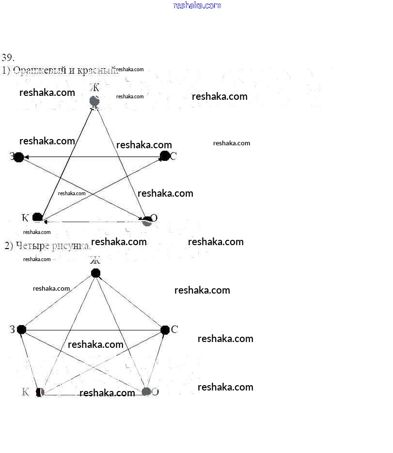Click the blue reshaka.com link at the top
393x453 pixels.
[x=197, y=5]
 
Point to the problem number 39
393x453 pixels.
[x=8, y=57]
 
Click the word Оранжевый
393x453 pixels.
[x=40, y=70]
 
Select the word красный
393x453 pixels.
[x=96, y=70]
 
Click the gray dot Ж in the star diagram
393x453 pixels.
[x=95, y=101]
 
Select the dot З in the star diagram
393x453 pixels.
[x=19, y=157]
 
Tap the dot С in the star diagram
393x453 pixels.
[x=165, y=156]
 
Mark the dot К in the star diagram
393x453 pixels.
[x=37, y=218]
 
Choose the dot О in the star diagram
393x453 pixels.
[x=147, y=221]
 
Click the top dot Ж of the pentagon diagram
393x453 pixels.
[x=96, y=273]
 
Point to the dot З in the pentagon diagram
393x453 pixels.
[x=21, y=329]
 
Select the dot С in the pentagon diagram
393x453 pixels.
[x=165, y=330]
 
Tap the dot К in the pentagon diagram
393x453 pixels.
[x=40, y=391]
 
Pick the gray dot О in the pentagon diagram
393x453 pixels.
[x=146, y=391]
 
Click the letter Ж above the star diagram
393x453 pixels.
[x=95, y=88]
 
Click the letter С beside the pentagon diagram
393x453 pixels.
[x=174, y=329]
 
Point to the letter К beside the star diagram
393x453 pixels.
[x=26, y=217]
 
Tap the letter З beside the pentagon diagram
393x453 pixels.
[x=12, y=329]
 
